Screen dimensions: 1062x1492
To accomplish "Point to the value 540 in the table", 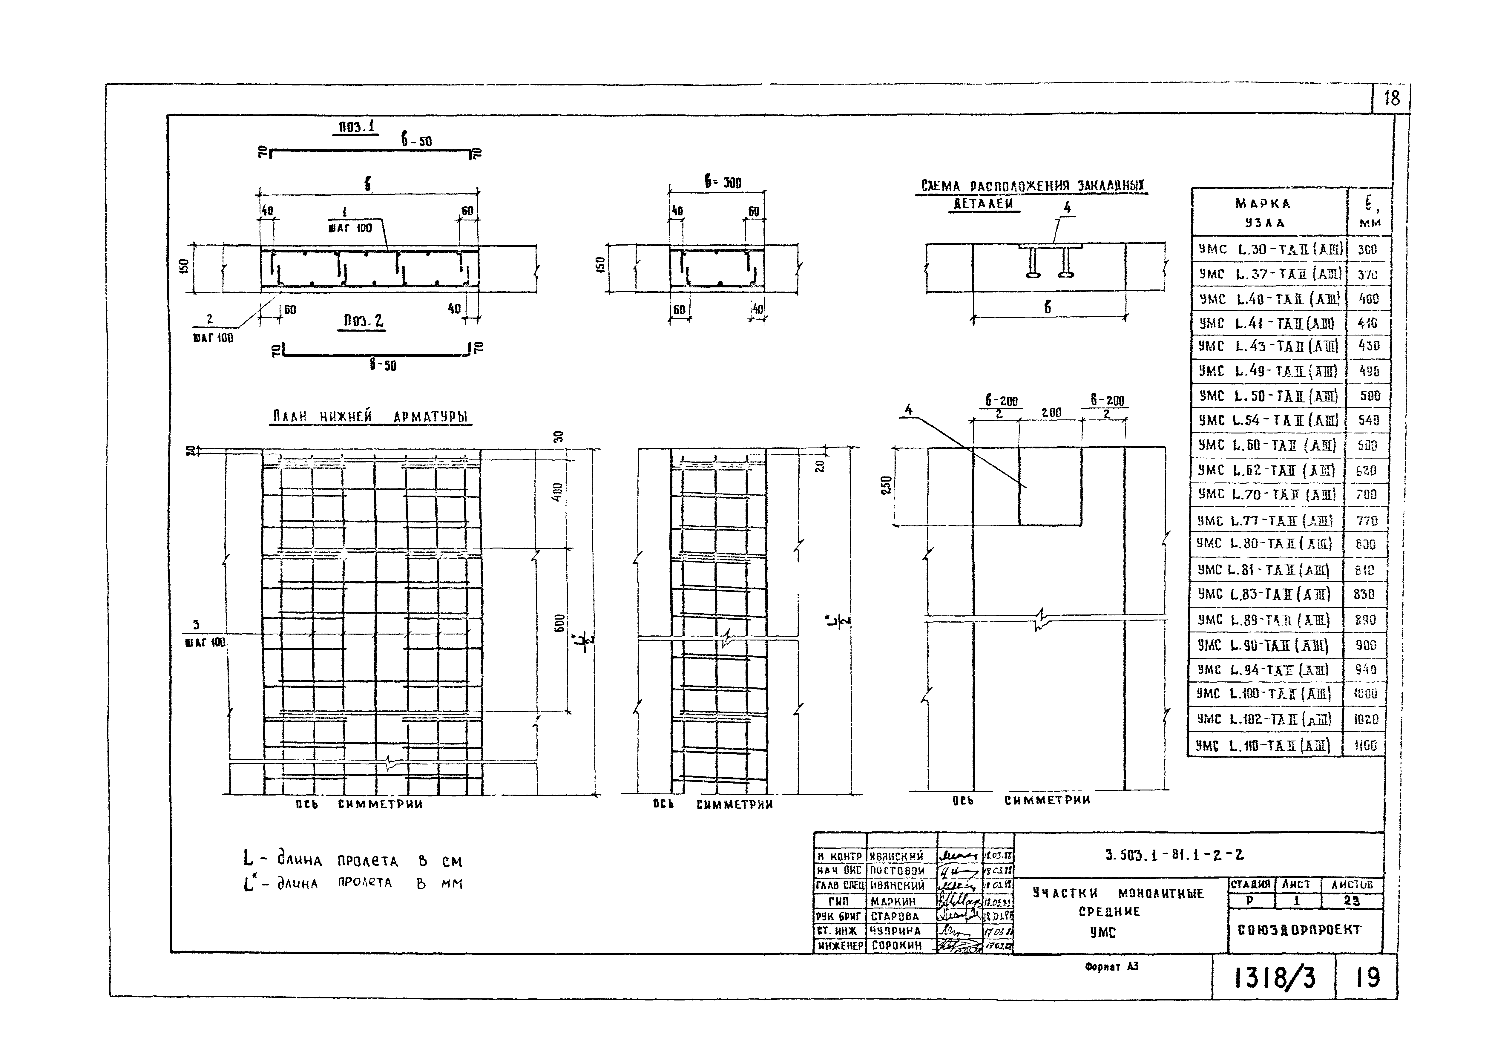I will tap(1368, 421).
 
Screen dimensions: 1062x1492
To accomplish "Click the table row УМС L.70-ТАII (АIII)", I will tap(1266, 494).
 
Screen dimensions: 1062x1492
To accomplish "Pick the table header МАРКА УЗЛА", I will tap(1263, 212).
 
